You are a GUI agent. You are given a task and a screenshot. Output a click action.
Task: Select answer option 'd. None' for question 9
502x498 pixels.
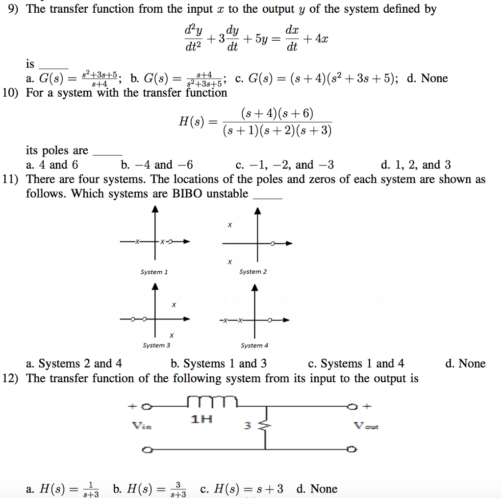[427, 78]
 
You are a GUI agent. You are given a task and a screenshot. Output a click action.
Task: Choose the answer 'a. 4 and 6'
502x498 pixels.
[51, 165]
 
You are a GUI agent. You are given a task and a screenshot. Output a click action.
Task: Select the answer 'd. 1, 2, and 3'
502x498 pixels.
[416, 165]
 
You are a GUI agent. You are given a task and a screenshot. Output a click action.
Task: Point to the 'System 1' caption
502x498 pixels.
[154, 272]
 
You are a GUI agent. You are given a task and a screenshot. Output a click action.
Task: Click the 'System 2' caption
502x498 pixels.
[253, 272]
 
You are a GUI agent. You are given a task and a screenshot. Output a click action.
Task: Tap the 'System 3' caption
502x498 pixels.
[156, 345]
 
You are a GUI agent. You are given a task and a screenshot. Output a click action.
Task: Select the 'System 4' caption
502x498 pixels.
[254, 345]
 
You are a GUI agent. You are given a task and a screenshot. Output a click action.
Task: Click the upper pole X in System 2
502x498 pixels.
[229, 225]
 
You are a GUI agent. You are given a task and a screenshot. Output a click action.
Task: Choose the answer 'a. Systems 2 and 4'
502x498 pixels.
[74, 364]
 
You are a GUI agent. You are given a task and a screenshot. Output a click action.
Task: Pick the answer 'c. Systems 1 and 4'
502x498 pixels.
[356, 364]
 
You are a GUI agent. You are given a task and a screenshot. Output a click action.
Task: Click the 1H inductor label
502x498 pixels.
[201, 419]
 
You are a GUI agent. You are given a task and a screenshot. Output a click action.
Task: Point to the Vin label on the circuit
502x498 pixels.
[139, 425]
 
